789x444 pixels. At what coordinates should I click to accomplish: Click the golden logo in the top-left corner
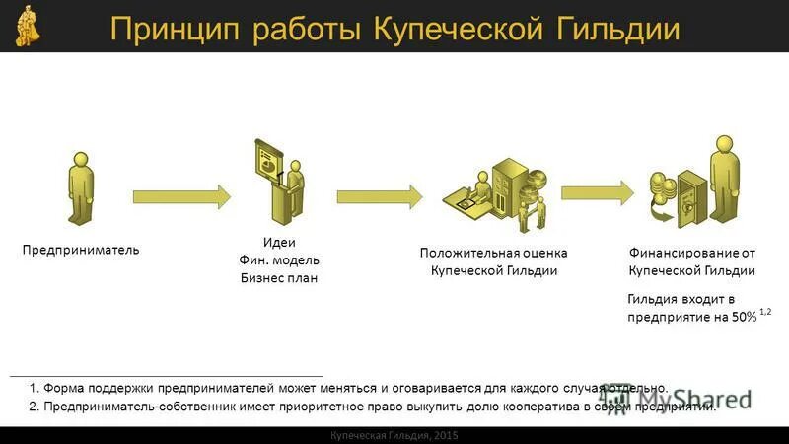click(x=28, y=27)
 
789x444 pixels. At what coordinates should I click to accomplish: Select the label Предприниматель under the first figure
click(x=81, y=250)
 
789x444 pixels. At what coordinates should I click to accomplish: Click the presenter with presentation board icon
click(x=278, y=183)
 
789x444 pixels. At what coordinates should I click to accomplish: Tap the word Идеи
click(x=280, y=243)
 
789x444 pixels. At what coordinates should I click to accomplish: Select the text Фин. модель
click(x=280, y=260)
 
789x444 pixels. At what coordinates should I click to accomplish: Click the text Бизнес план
click(x=280, y=278)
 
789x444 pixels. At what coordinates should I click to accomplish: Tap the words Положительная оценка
click(x=494, y=253)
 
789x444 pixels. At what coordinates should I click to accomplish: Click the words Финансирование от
click(x=692, y=253)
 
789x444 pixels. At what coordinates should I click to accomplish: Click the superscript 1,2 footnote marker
click(x=765, y=312)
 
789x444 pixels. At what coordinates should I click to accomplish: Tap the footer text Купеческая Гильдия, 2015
click(x=394, y=435)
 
